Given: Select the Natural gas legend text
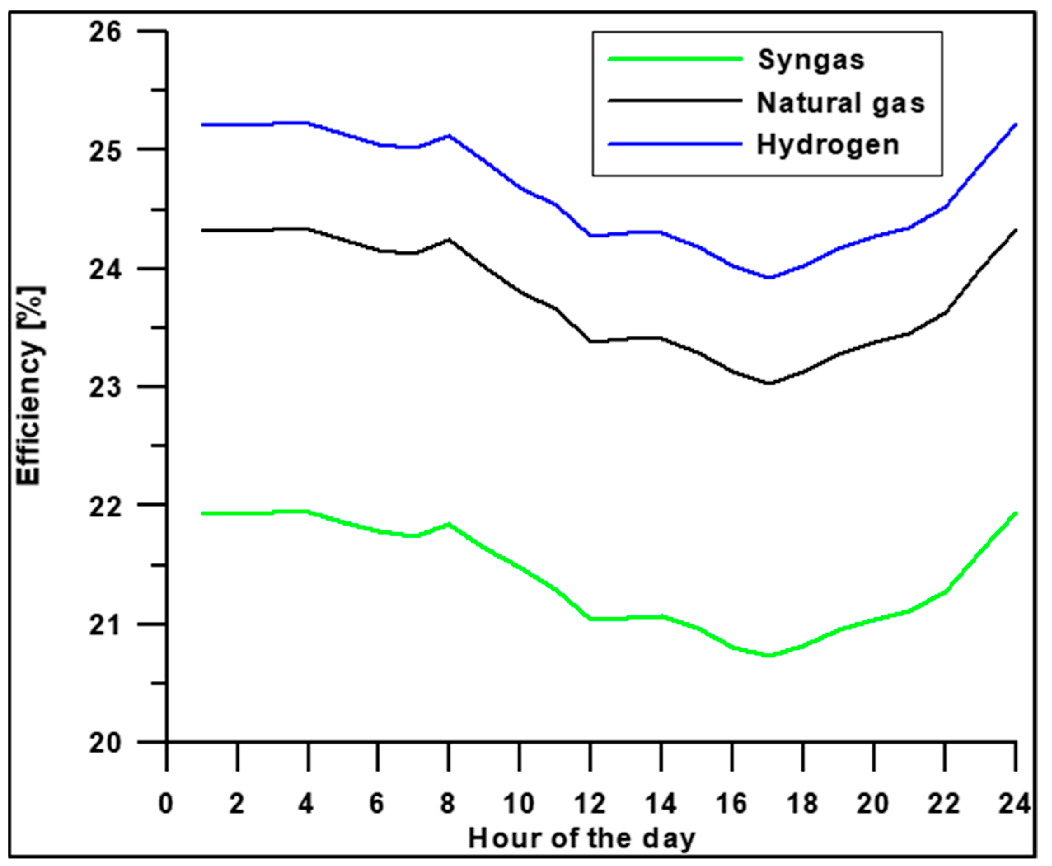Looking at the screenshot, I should coord(841,103).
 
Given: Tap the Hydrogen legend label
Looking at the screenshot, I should coord(828,145).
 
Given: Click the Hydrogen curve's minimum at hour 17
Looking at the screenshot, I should coord(768,277).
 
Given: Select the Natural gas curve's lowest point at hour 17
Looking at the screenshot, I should coord(768,383).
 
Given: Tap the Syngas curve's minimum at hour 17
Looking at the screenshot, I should coord(768,655).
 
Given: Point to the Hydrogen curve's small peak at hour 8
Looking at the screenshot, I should coord(449,135).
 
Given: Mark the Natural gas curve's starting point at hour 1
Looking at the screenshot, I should coord(202,230).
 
